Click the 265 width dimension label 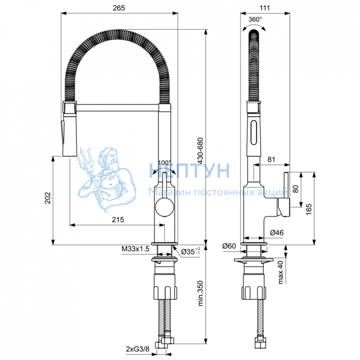(119, 8)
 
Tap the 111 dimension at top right (264, 8)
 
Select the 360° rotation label (255, 20)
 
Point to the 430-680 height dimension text (200, 150)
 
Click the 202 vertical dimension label (48, 198)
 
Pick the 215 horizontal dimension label (118, 220)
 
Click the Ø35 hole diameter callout (191, 252)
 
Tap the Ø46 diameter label (276, 233)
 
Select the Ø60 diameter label (229, 246)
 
